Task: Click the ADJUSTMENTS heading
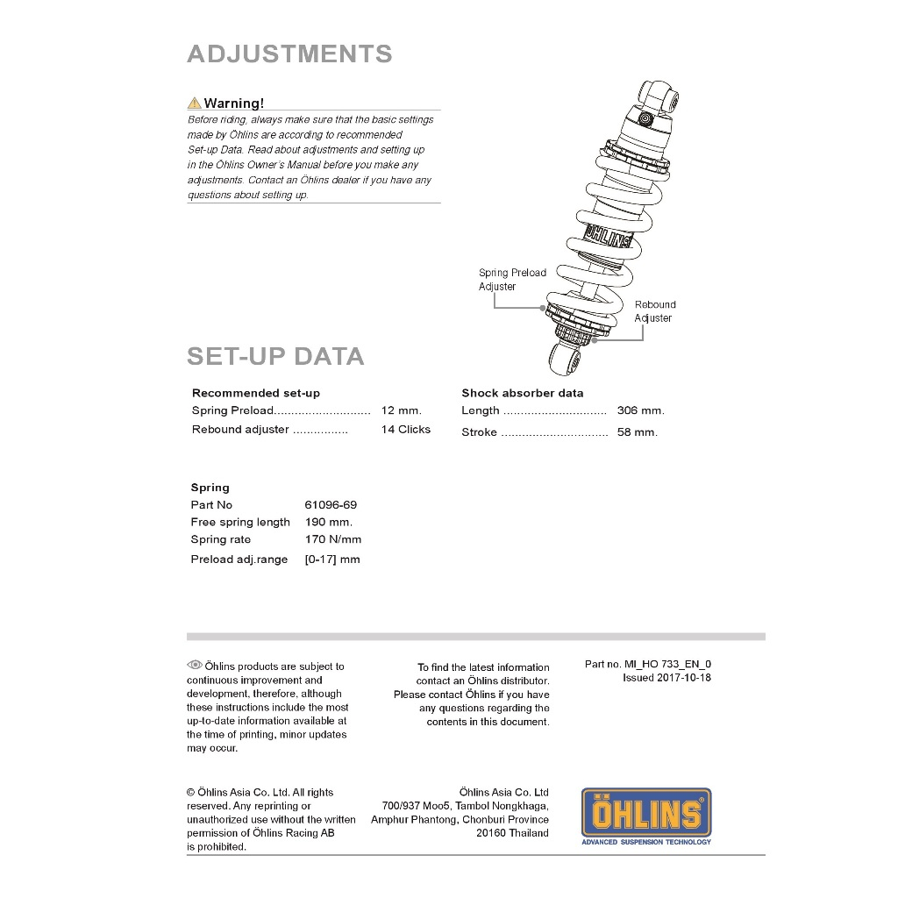click(x=289, y=54)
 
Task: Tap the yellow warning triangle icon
click(x=194, y=103)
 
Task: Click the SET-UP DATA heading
click(x=275, y=357)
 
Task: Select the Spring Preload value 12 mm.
click(x=402, y=410)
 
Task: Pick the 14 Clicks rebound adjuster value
click(x=406, y=430)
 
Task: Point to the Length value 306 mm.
click(x=640, y=410)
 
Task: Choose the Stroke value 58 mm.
click(x=637, y=432)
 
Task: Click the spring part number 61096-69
click(x=331, y=505)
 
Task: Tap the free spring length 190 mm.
click(x=329, y=523)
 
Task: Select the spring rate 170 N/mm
click(x=333, y=540)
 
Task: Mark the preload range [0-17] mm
click(x=332, y=559)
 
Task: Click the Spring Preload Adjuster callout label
click(x=512, y=280)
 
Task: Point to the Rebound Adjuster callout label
click(x=655, y=311)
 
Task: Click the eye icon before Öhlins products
click(x=195, y=666)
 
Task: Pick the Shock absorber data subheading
click(x=522, y=393)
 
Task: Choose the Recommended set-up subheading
click(x=256, y=393)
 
